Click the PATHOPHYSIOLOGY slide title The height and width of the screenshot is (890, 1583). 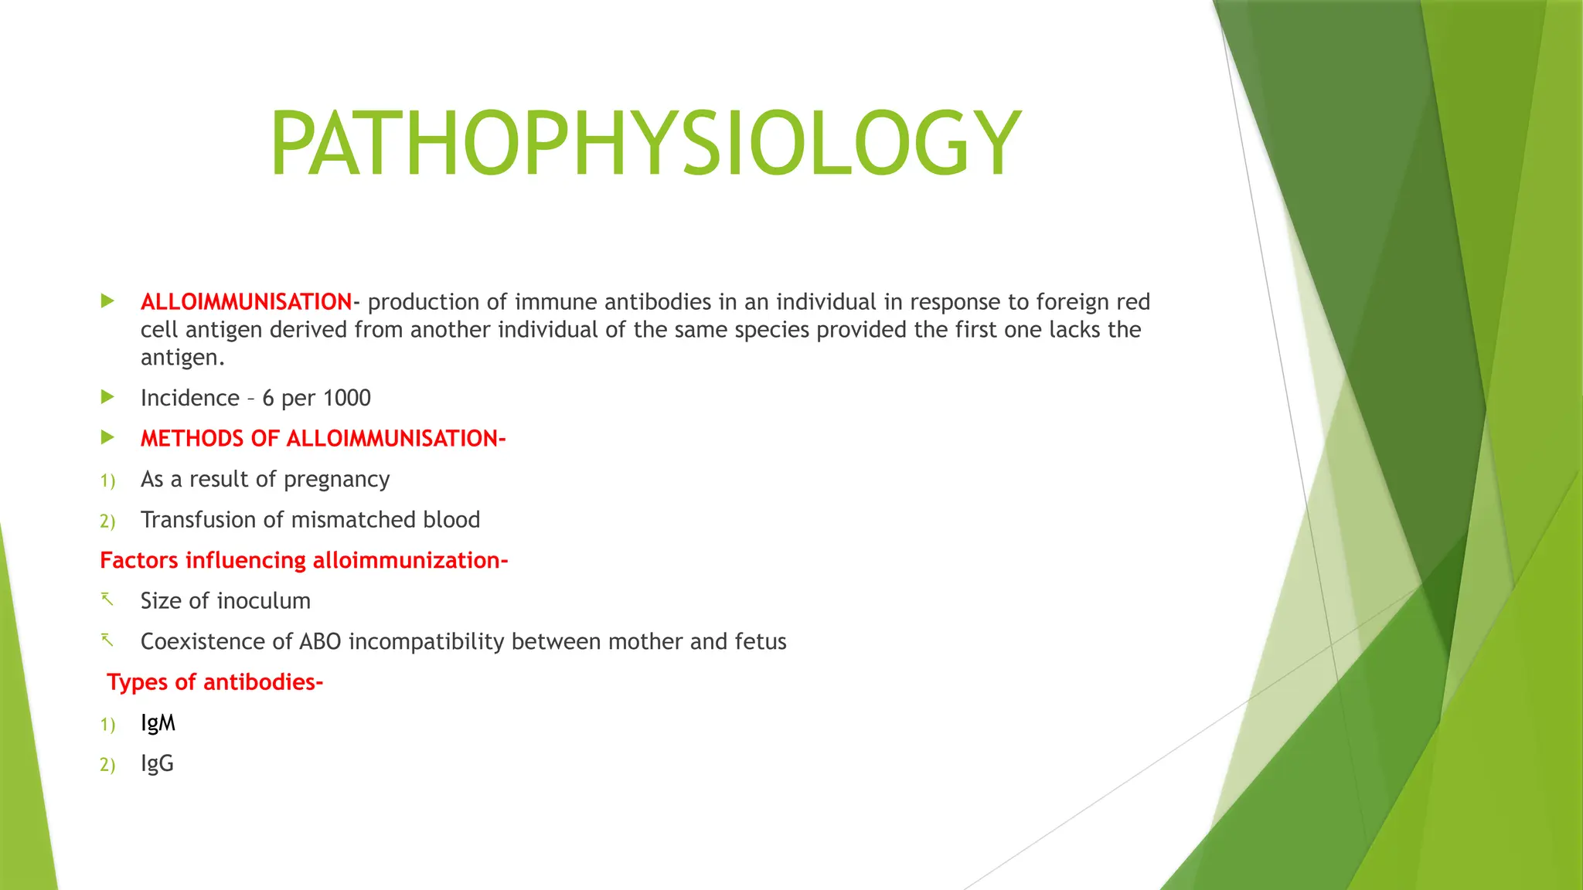pos(645,144)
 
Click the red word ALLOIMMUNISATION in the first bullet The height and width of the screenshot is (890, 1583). pos(246,302)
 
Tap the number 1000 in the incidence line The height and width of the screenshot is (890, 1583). pos(347,398)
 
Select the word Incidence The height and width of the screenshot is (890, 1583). pos(190,398)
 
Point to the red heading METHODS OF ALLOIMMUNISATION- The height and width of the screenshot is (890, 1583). pos(323,439)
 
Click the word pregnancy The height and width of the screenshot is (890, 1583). pos(336,480)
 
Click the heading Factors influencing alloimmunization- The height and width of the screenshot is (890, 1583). pos(304,560)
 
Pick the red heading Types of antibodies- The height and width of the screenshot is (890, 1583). pos(215,682)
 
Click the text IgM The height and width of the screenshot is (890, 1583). pos(158,723)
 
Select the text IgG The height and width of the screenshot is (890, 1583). pos(157,764)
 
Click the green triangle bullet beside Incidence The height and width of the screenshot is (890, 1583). pos(107,397)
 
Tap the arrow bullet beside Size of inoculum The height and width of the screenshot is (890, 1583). pos(107,600)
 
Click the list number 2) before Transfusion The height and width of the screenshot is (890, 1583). pos(107,521)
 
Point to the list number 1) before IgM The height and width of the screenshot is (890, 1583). pos(107,725)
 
